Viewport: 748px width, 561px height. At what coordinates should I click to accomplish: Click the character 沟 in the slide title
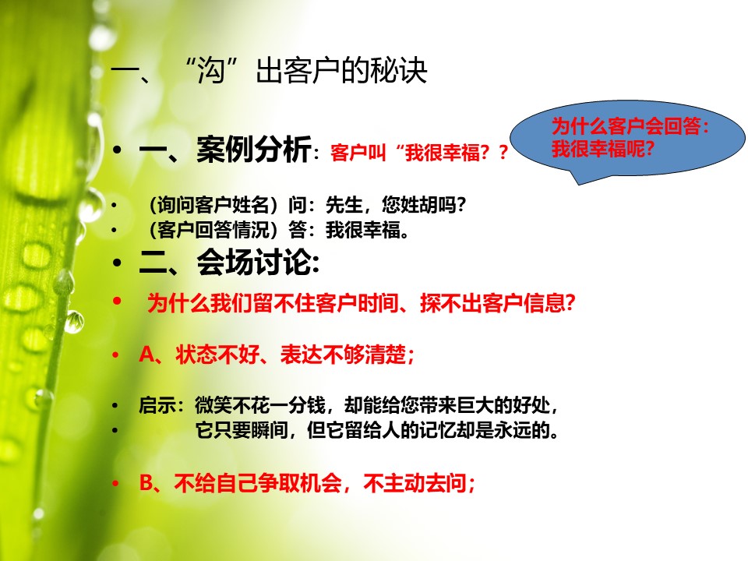[x=211, y=72]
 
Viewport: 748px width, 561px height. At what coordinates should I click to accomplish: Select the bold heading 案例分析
[x=254, y=149]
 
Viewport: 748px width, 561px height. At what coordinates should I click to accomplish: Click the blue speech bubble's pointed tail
[x=579, y=180]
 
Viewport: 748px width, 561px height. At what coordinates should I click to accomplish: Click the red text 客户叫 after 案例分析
[x=358, y=153]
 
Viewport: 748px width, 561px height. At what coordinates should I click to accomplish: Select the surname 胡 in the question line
[x=428, y=205]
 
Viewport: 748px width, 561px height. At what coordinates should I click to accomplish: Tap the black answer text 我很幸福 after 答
[x=362, y=230]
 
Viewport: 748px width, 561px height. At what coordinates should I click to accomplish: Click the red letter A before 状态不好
[x=147, y=355]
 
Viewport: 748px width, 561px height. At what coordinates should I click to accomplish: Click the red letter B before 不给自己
[x=146, y=483]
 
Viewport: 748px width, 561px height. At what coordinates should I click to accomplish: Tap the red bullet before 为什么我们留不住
[x=117, y=301]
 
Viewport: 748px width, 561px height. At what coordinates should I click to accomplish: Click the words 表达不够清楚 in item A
[x=343, y=355]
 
